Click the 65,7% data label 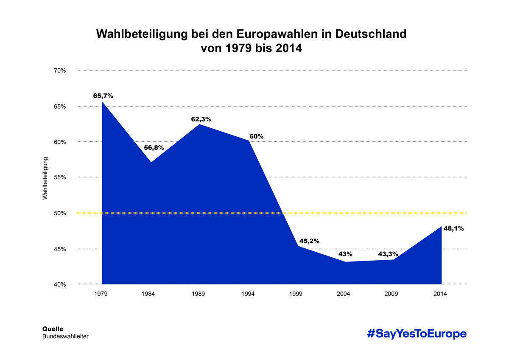tap(103, 96)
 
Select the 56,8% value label tap(154, 148)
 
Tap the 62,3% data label tap(201, 120)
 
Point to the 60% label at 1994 tap(256, 136)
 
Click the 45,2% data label tap(309, 241)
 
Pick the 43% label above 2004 tap(345, 254)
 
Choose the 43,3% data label tap(388, 254)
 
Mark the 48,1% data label tap(453, 228)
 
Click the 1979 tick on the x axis tap(101, 294)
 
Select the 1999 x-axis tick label tap(296, 294)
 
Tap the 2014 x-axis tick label tap(440, 294)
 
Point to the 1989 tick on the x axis tap(199, 294)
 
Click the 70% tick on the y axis tap(59, 70)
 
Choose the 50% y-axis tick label tap(59, 213)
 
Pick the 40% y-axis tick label tap(59, 284)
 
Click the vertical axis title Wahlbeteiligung tap(45, 178)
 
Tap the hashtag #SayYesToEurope tap(417, 334)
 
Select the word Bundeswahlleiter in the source tap(65, 337)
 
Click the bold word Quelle tap(53, 329)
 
